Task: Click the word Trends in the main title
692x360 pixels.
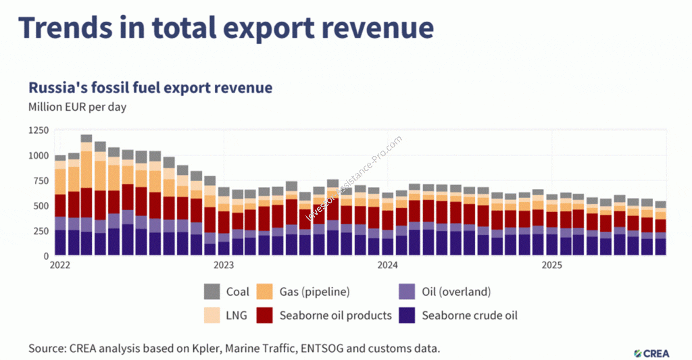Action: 66,27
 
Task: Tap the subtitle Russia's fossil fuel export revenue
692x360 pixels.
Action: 151,87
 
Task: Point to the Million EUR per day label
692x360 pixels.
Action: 77,107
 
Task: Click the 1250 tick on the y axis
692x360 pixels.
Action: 39,130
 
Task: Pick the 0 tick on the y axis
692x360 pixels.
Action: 47,256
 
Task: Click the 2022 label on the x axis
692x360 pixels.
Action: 60,265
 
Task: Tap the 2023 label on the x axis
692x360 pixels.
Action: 224,265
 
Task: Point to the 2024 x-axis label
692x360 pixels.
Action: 387,265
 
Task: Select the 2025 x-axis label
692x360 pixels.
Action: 551,265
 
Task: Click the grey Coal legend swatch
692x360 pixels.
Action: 212,292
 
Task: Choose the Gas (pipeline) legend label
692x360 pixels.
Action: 315,292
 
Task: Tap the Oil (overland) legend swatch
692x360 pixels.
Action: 407,292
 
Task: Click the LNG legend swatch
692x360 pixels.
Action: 212,315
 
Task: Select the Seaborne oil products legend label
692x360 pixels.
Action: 336,315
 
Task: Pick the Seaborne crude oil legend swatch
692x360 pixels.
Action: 407,315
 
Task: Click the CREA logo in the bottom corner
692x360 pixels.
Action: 651,353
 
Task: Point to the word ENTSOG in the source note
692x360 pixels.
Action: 321,349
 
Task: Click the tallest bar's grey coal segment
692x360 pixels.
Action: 86,138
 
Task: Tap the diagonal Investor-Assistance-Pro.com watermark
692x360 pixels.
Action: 354,178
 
